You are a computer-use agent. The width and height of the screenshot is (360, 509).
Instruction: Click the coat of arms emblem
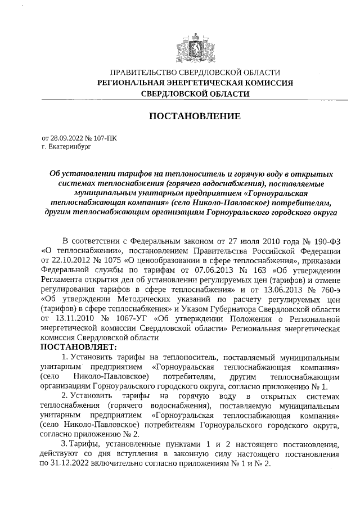pyautogui.click(x=195, y=46)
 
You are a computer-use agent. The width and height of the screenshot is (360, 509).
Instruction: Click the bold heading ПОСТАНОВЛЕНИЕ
pyautogui.click(x=195, y=116)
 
